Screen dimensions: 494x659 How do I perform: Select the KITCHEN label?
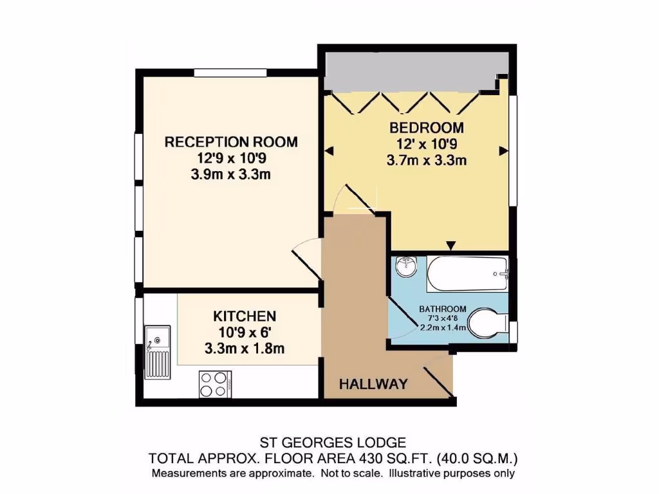click(245, 316)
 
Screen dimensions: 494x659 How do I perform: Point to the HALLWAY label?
click(373, 385)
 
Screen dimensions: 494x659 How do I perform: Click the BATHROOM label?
click(443, 309)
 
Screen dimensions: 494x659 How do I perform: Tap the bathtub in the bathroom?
click(468, 275)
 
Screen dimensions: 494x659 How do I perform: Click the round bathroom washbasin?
click(406, 266)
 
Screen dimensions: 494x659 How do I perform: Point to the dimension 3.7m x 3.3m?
click(426, 161)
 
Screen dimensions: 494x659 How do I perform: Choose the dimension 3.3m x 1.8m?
click(245, 349)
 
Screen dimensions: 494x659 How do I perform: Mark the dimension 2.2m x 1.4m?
click(443, 328)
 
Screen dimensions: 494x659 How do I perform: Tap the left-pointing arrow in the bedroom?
click(329, 151)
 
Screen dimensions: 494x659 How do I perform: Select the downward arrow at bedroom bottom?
click(451, 245)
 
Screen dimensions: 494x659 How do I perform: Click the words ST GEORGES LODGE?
click(333, 443)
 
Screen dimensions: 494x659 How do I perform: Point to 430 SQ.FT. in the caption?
click(384, 459)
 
